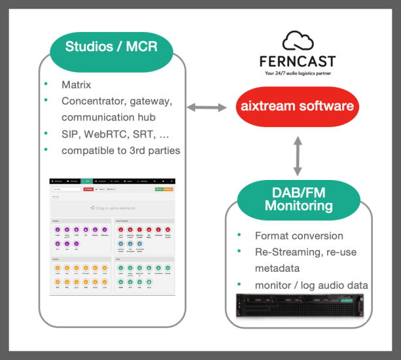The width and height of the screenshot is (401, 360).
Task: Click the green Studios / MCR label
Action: pos(112,46)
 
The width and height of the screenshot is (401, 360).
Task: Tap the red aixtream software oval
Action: pos(297,107)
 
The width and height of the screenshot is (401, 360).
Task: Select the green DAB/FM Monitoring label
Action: pos(298,198)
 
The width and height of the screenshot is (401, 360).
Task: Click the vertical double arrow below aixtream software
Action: pos(298,156)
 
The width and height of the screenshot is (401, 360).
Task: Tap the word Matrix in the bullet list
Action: pos(77,85)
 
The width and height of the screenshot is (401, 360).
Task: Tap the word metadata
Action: pos(277,268)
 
